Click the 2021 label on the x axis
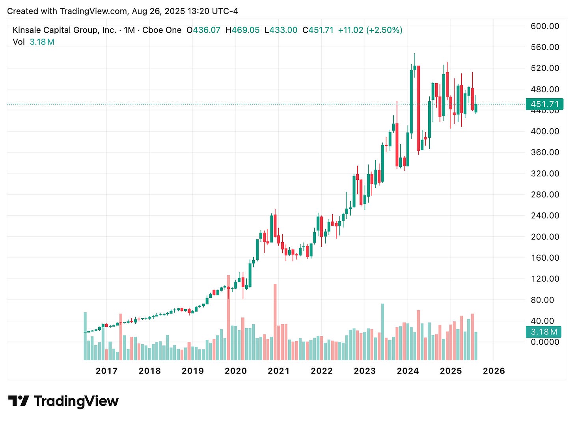278,371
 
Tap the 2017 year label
106,371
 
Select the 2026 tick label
494,371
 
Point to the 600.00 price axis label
545,26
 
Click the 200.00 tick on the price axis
545,237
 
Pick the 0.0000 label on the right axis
545,342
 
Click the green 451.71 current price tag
544,104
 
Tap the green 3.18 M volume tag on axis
544,332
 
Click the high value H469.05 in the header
242,30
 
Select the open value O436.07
203,30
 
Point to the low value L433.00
281,30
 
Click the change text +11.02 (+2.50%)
370,30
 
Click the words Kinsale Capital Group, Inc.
64,30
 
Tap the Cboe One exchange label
162,30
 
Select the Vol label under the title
19,42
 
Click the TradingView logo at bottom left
63,401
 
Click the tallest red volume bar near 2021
275,321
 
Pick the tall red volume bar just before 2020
228,317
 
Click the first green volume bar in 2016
85,336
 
